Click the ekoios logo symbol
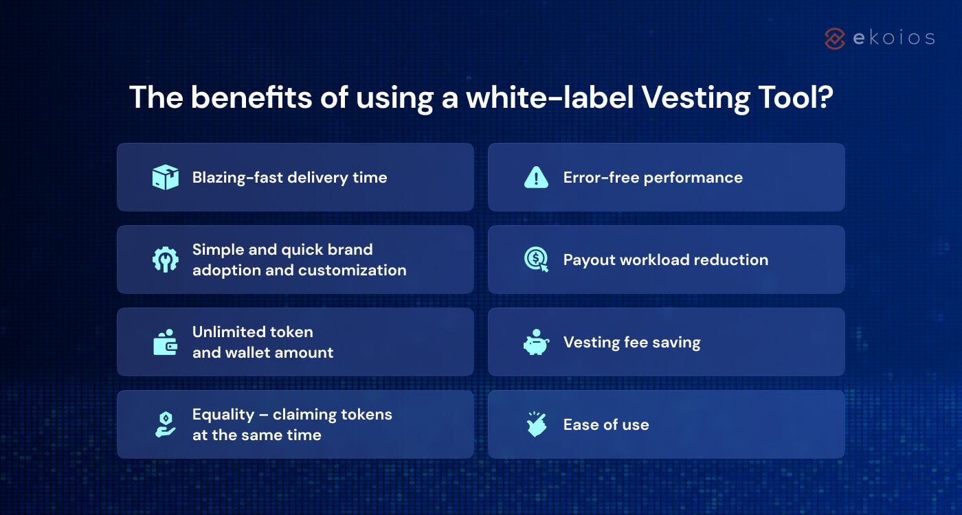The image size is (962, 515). (x=834, y=38)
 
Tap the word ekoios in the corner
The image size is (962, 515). (x=893, y=38)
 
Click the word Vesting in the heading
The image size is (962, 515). (x=699, y=98)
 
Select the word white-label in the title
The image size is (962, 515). (x=549, y=98)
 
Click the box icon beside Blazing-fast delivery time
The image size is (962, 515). (x=165, y=177)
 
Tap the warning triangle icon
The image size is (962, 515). (x=536, y=177)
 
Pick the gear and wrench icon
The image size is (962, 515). (x=165, y=260)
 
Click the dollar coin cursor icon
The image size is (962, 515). (x=536, y=260)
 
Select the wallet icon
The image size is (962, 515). (x=165, y=342)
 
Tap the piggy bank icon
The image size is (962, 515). (x=536, y=343)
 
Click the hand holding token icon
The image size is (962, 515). (x=165, y=424)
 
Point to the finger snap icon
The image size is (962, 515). (x=536, y=424)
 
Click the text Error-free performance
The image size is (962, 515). (x=653, y=178)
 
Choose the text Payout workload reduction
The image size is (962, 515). (x=665, y=260)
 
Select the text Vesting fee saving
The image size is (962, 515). (x=631, y=343)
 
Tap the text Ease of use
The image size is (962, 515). (x=606, y=425)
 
